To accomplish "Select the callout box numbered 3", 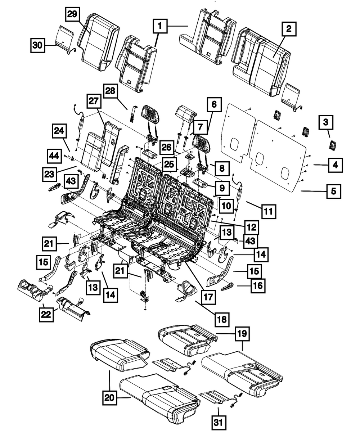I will click(325, 123).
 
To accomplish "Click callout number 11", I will click(269, 211).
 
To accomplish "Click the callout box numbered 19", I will click(242, 334).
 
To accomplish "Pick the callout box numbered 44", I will click(54, 156).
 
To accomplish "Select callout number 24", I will click(60, 131).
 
